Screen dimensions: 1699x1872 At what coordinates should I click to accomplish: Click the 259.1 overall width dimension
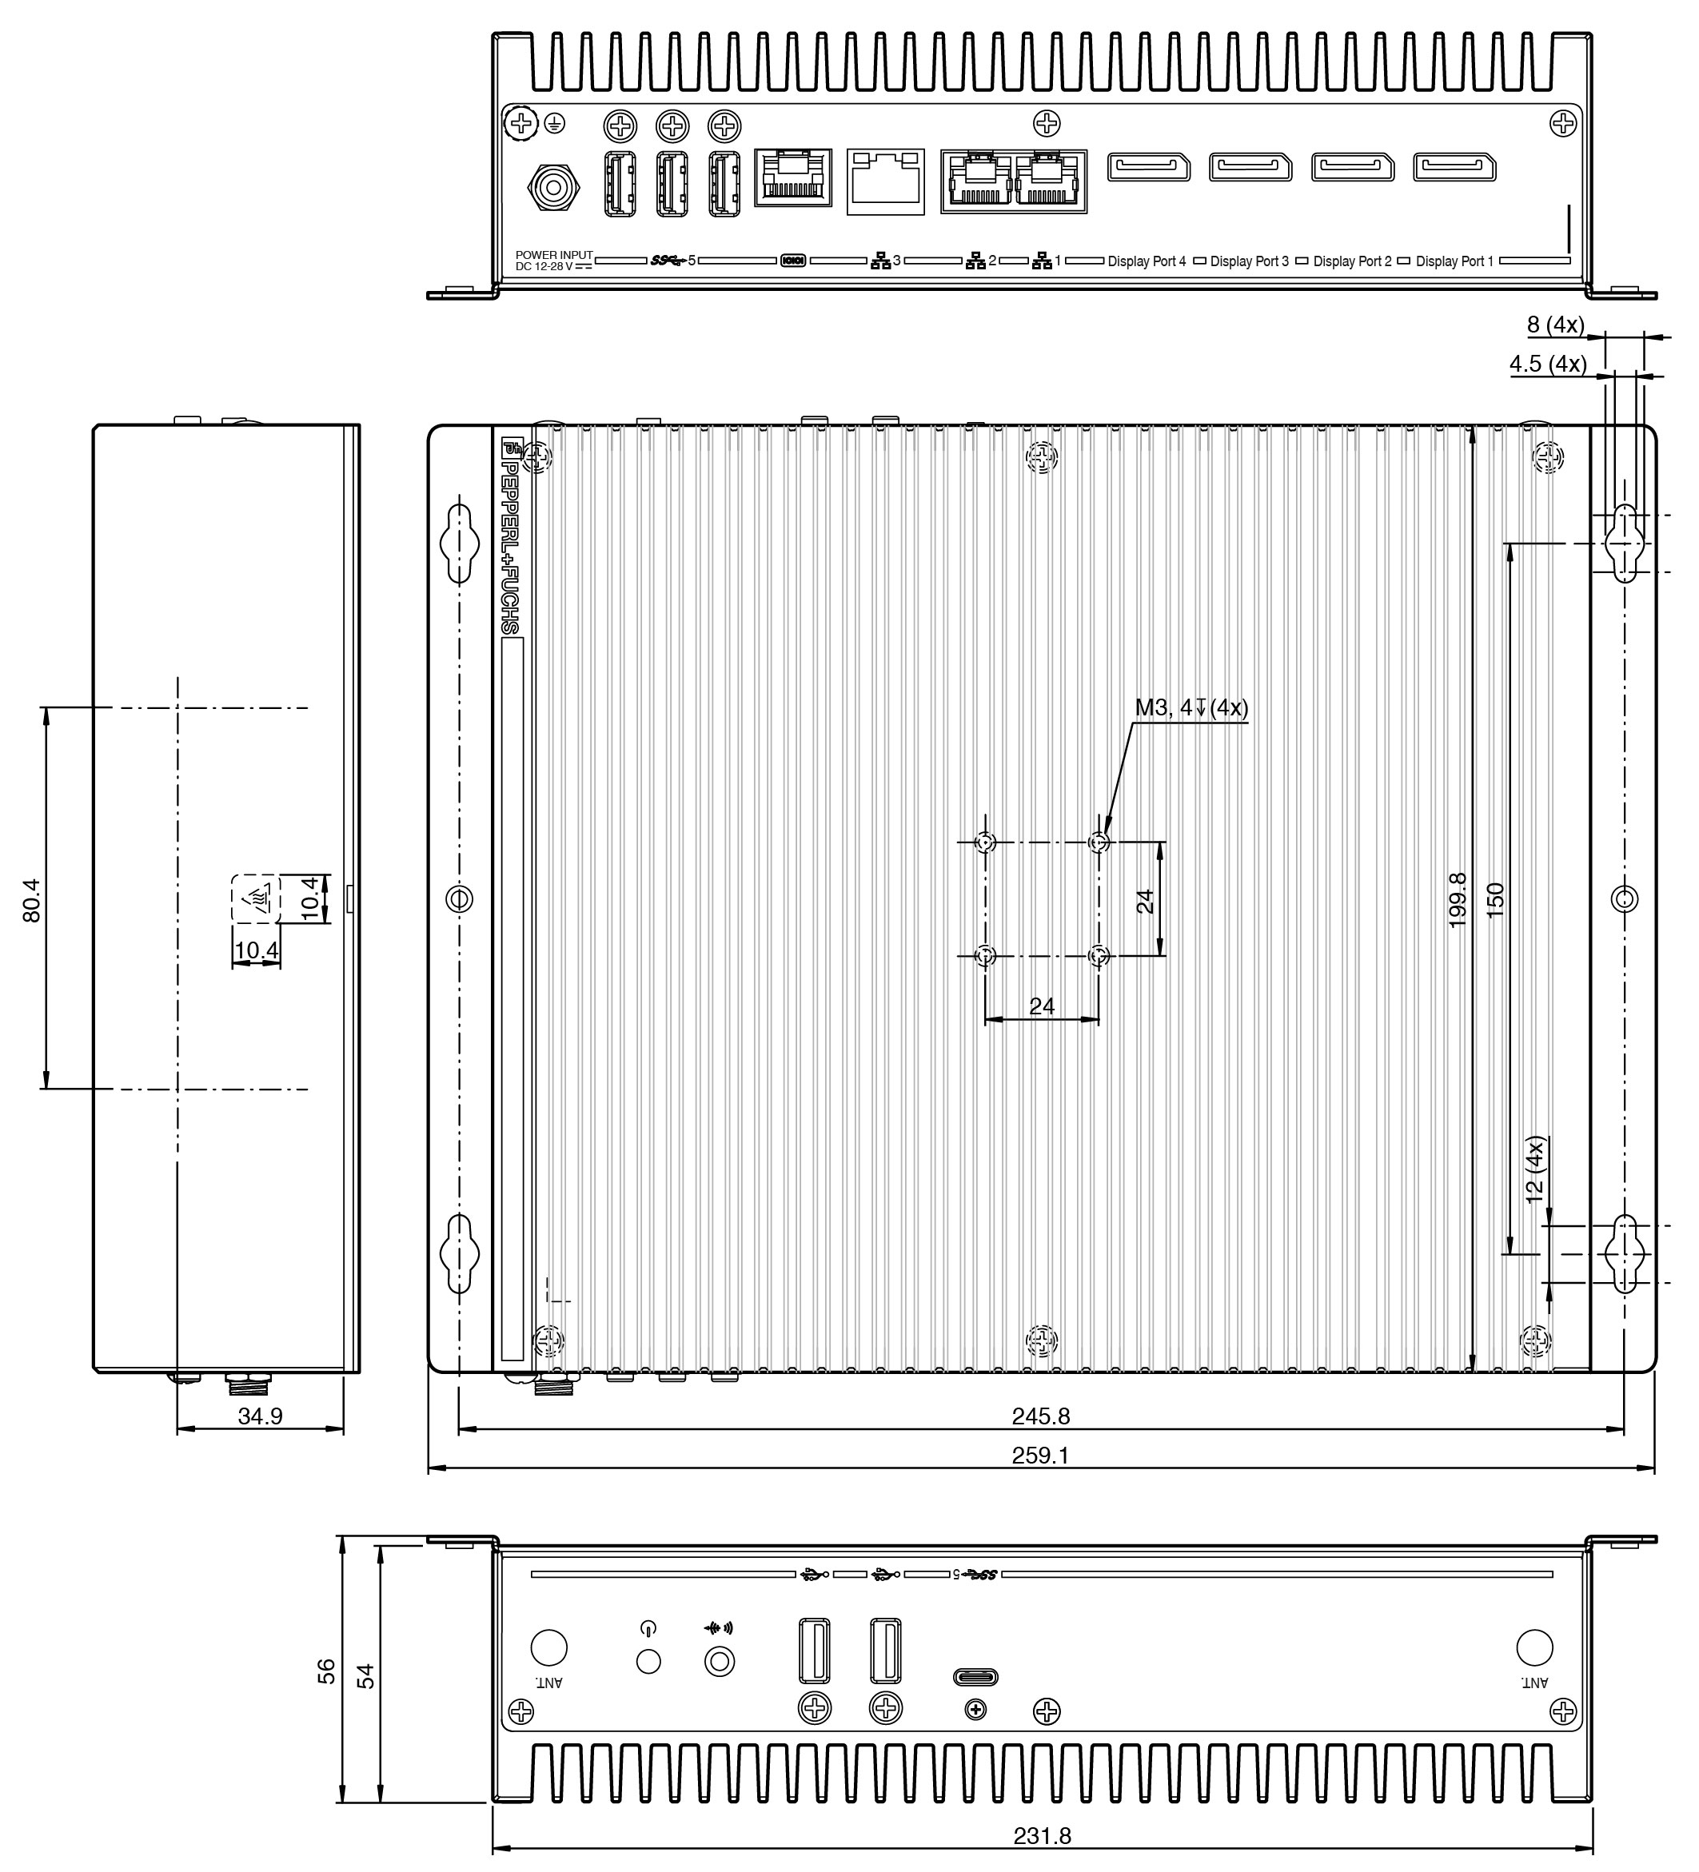coord(1040,1455)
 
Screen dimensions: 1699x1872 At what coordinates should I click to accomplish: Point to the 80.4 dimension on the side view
coord(32,900)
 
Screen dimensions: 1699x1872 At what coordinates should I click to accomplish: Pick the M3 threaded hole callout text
coord(1192,707)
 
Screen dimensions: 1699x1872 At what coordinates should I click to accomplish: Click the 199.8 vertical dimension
coord(1458,900)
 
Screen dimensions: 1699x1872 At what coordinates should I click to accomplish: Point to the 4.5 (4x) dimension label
coord(1548,364)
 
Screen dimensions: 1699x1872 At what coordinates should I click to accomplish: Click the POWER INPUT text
coord(553,254)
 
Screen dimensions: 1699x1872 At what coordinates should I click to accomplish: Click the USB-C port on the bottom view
coord(975,1677)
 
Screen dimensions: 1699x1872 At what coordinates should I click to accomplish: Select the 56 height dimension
coord(326,1671)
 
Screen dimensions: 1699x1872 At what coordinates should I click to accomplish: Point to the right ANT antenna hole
coord(1533,1647)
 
